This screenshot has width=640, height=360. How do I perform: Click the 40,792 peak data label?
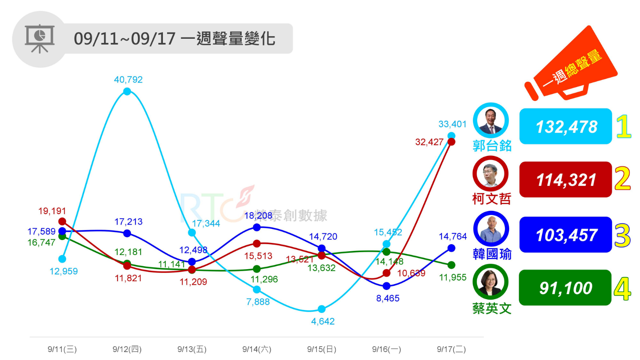(128, 80)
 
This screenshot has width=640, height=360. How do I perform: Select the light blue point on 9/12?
(127, 91)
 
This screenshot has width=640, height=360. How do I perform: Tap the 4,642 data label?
(322, 321)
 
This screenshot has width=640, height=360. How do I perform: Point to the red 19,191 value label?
(52, 211)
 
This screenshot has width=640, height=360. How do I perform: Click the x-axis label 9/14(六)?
(257, 349)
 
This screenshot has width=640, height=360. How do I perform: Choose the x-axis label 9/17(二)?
(451, 349)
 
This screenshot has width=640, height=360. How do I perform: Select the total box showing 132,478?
(565, 127)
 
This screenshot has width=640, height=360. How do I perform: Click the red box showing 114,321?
(565, 180)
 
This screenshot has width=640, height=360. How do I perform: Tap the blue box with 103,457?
(565, 235)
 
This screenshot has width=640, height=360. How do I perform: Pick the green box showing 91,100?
(565, 288)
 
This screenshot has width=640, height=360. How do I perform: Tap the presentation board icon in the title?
(40, 39)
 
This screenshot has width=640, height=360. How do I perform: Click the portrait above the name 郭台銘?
(491, 120)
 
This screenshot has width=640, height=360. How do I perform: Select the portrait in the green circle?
(490, 282)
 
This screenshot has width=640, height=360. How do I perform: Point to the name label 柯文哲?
(492, 199)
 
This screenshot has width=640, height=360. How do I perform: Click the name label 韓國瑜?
(492, 254)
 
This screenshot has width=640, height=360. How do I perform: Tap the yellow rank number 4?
(622, 289)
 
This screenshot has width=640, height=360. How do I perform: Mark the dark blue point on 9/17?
(451, 248)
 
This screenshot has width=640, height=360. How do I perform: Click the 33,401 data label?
(452, 124)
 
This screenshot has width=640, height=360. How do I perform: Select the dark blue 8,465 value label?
(387, 298)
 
